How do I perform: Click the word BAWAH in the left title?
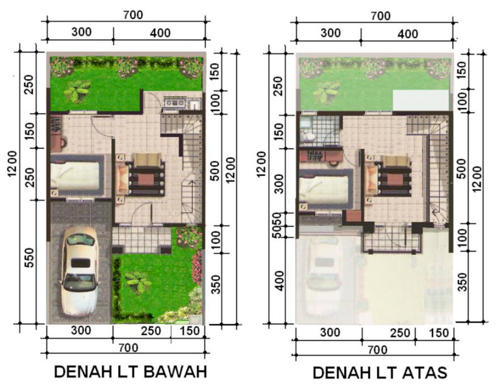click(x=175, y=372)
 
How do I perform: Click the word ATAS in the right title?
click(x=424, y=373)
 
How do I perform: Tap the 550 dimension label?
click(x=29, y=258)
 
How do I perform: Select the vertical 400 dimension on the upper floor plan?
click(x=279, y=281)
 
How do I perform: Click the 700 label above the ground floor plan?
click(x=133, y=15)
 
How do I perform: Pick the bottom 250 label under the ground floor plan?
click(x=151, y=331)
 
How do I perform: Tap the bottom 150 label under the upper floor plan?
click(x=439, y=333)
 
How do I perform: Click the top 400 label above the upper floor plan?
click(x=408, y=34)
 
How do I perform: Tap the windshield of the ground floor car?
click(x=80, y=282)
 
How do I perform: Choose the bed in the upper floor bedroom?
click(x=326, y=189)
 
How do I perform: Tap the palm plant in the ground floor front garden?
click(x=138, y=281)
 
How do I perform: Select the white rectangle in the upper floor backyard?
click(x=421, y=100)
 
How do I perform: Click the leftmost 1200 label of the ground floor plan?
click(x=12, y=163)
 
